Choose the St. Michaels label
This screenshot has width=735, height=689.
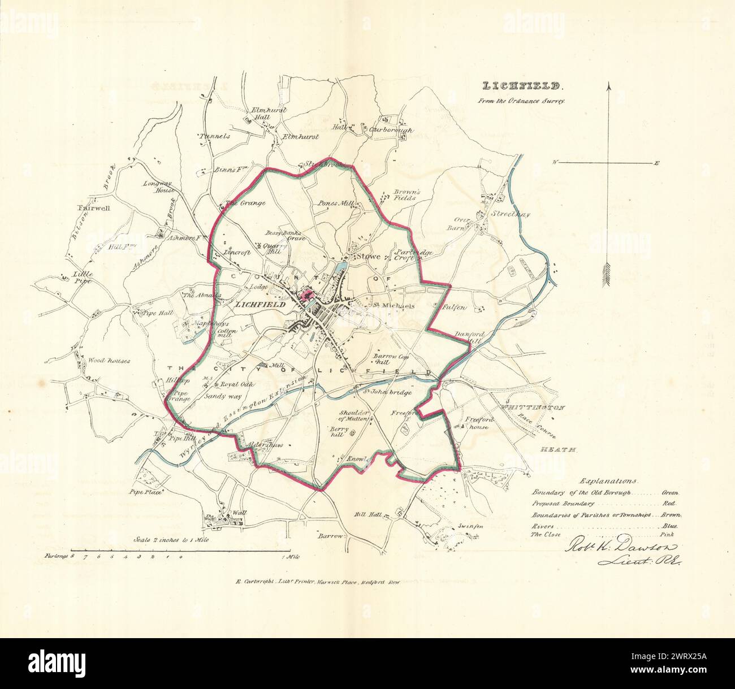click(x=394, y=306)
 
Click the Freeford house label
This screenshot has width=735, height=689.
click(x=485, y=423)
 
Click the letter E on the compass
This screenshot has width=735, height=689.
click(x=656, y=163)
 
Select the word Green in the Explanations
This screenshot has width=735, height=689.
click(x=672, y=493)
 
